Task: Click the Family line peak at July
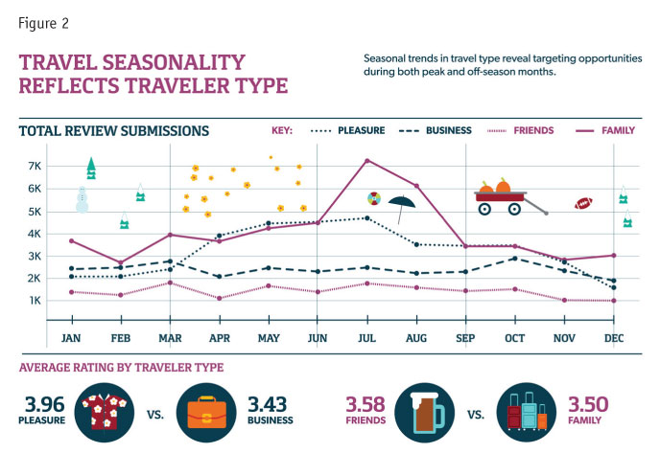tap(366, 160)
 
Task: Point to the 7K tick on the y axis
tap(35, 167)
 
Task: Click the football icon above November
tap(583, 203)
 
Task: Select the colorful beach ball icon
tap(373, 198)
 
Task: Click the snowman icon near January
tap(82, 200)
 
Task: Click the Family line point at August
tap(416, 186)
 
